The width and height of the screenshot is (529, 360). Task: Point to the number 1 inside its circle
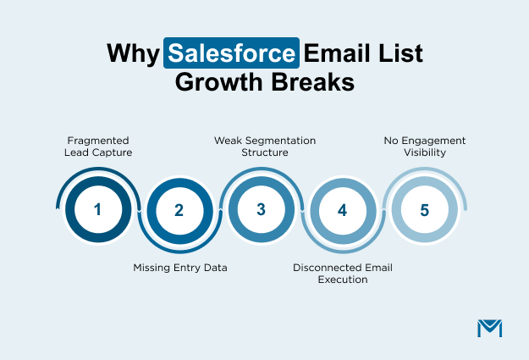coord(97,208)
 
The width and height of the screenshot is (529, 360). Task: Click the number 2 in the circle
coord(179,210)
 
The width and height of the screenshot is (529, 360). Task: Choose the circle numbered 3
coord(261,208)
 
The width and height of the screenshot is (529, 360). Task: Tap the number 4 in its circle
coord(342,210)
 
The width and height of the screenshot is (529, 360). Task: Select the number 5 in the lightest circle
coord(424,208)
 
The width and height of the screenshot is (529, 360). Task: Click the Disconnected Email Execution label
coord(343,273)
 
